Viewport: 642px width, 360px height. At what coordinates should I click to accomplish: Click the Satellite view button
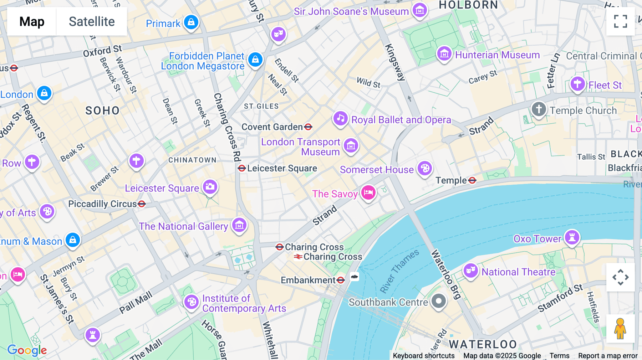92,21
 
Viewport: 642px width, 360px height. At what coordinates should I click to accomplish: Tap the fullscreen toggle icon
620,21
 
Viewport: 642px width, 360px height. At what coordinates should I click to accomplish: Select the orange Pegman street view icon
620,329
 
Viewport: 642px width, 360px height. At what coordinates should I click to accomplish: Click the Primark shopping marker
191,22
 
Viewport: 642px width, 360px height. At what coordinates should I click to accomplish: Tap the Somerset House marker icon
425,168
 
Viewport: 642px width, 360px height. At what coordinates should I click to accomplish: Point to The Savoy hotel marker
368,192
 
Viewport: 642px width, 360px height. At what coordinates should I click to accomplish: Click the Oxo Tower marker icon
572,237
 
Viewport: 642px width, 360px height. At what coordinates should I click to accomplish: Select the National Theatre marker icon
470,271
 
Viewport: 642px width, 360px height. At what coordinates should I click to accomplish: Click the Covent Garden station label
272,127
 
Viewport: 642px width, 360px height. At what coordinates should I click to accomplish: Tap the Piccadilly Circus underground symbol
142,204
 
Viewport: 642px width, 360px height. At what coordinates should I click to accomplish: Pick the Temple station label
451,180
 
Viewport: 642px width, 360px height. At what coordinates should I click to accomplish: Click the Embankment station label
308,280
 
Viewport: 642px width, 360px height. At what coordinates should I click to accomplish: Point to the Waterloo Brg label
446,274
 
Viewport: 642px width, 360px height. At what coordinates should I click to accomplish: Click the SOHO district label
102,110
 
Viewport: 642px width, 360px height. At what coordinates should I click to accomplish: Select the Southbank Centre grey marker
439,301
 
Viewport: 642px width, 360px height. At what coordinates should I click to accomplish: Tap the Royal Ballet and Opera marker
340,118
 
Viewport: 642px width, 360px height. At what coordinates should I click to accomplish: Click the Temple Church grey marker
539,109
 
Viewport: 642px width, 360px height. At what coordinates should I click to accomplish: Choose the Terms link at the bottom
559,355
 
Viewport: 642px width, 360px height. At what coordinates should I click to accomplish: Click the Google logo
27,350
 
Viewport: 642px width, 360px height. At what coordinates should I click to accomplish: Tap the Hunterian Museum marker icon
444,54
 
